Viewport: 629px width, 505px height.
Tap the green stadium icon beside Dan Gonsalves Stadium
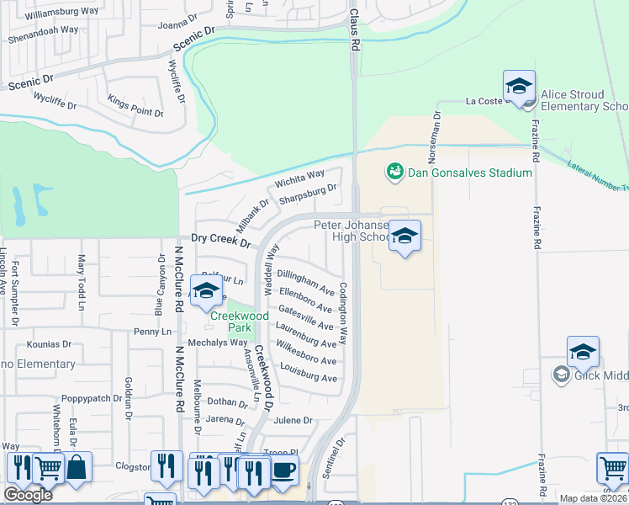tap(393, 173)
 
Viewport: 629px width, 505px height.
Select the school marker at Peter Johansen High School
tap(404, 237)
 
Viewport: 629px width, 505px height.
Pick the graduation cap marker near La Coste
tap(519, 88)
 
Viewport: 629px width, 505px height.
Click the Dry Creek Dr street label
tap(221, 242)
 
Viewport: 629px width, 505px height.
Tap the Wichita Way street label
tap(299, 180)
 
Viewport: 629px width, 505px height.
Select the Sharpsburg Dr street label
tap(308, 195)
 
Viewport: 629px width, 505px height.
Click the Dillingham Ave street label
tap(306, 279)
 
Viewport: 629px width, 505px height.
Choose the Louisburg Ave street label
tap(309, 373)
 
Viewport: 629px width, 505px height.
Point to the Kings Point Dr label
tap(135, 106)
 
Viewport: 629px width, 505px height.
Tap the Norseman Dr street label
tap(436, 127)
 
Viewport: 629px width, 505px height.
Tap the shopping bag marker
tap(77, 467)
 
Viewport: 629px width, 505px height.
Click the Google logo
tap(28, 495)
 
